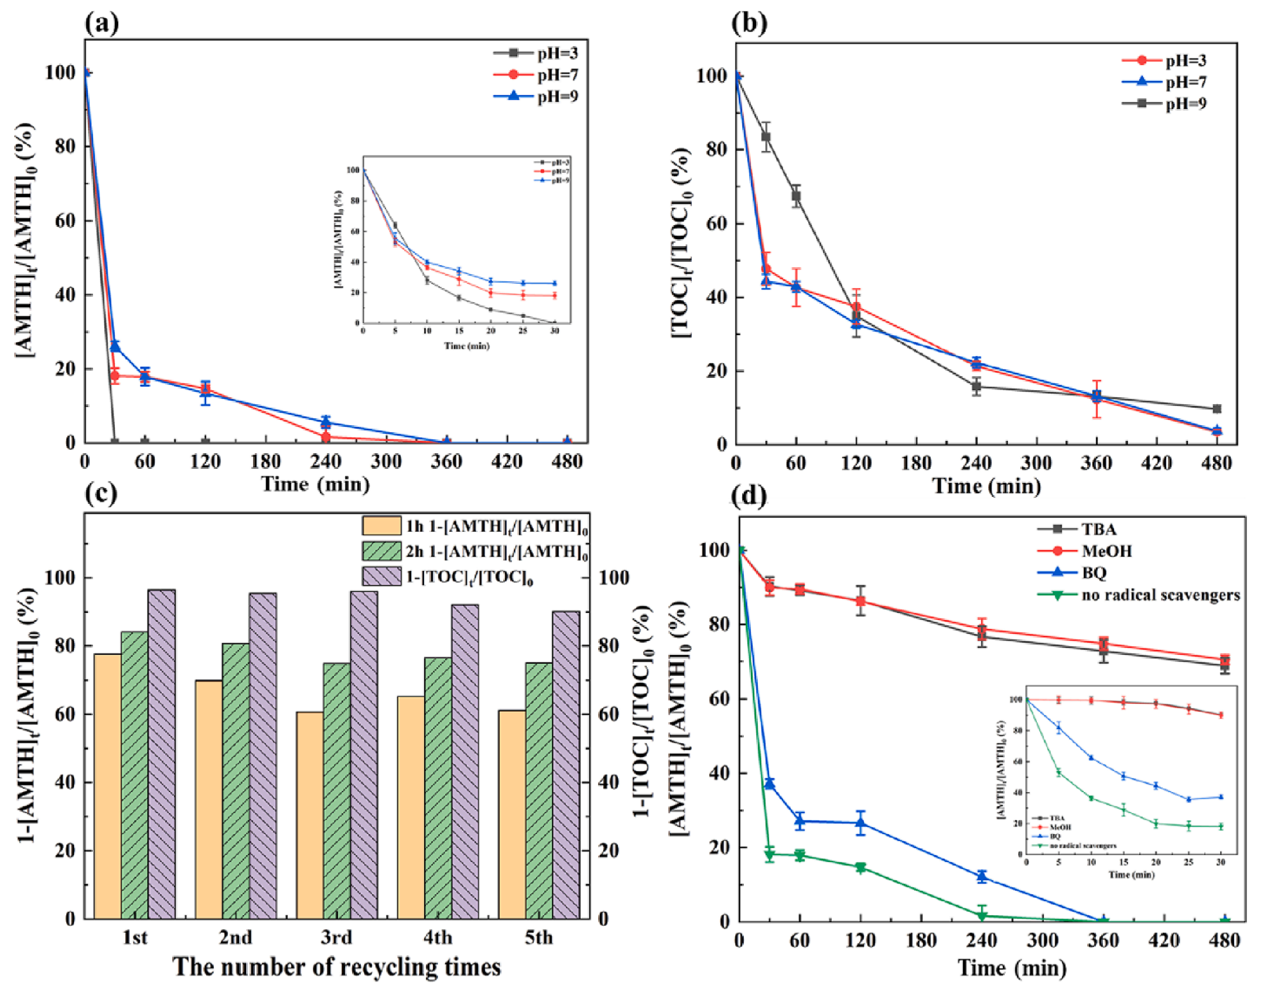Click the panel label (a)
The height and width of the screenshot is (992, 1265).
pyautogui.click(x=102, y=23)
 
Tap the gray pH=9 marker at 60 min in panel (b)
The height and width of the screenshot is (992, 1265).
pyautogui.click(x=796, y=196)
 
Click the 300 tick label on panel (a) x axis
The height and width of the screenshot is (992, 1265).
pyautogui.click(x=386, y=462)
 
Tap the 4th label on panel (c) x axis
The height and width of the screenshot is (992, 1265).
pyautogui.click(x=437, y=937)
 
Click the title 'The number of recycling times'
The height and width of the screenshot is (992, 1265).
pyautogui.click(x=337, y=967)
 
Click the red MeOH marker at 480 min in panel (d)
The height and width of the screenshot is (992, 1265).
pyautogui.click(x=1224, y=659)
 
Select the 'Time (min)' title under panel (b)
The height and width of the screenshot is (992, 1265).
pyautogui.click(x=986, y=486)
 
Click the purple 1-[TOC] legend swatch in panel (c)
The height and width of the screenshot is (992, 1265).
pyautogui.click(x=382, y=576)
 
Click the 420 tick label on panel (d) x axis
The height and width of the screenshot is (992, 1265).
pyautogui.click(x=1164, y=939)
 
